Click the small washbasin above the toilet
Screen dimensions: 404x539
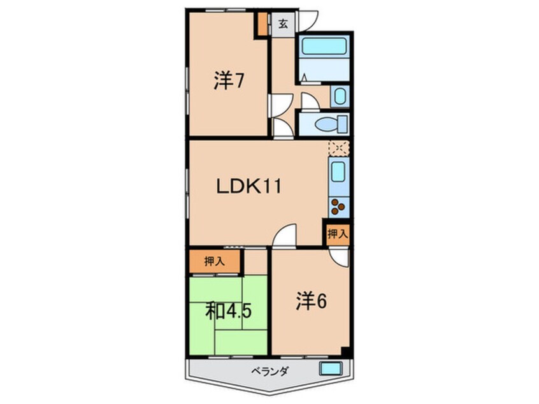coord(340,97)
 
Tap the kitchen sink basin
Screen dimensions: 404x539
coord(338,172)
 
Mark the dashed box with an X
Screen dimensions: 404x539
coord(337,148)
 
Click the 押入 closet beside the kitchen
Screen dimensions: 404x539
coord(338,234)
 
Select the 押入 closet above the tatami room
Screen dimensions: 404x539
coord(214,261)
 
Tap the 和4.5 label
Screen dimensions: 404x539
coord(229,312)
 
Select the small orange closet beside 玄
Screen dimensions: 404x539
coord(262,24)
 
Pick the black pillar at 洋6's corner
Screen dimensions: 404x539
coord(345,351)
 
